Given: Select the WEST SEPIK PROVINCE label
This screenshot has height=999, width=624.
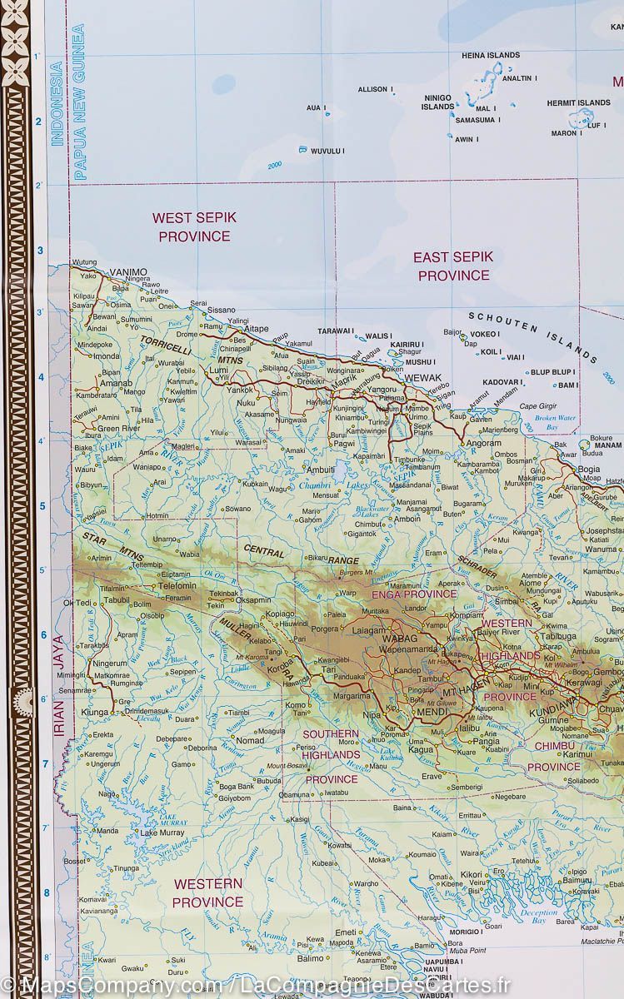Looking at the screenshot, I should [x=194, y=226].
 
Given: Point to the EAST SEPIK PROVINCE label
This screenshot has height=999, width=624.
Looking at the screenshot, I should [x=453, y=266].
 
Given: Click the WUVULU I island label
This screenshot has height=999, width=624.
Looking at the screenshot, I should [x=327, y=151].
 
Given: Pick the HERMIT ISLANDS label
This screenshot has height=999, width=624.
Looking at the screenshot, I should [x=578, y=103].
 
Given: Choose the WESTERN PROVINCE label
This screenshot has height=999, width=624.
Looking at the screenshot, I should [x=207, y=892].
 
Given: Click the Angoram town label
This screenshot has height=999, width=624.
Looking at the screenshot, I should [x=483, y=444].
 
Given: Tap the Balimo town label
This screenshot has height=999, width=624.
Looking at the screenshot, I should [x=310, y=958].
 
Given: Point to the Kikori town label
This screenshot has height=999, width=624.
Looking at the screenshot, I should [x=472, y=874].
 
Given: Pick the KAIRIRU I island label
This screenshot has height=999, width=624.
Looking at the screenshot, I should [x=407, y=344].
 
